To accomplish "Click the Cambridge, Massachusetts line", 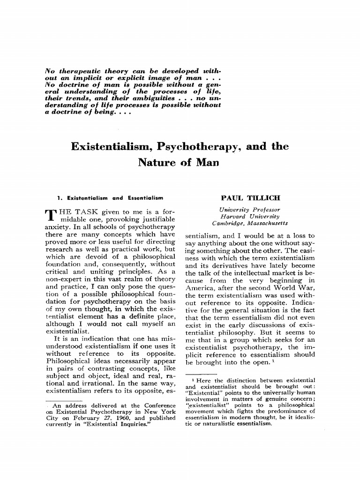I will (250, 224).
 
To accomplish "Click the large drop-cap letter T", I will (49, 214).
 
